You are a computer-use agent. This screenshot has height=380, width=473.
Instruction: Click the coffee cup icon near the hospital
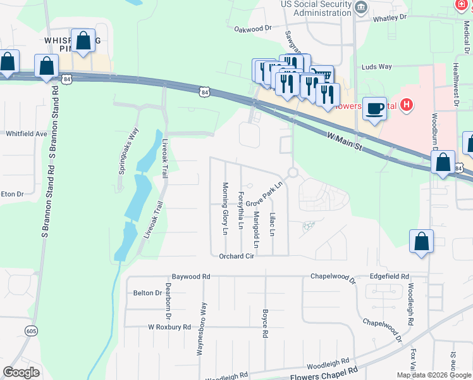click(x=375, y=108)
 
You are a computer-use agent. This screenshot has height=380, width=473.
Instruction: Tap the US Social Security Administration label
click(x=316, y=8)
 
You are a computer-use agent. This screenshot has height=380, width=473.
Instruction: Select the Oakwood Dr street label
click(x=252, y=28)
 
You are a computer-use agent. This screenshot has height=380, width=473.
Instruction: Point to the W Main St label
click(x=344, y=141)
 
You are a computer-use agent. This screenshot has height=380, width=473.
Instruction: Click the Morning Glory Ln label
click(x=224, y=208)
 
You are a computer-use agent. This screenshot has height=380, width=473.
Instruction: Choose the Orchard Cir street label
click(x=236, y=256)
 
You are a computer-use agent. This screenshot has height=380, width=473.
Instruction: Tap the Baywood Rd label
click(x=190, y=277)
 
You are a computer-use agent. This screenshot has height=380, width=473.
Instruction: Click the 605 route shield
click(x=32, y=331)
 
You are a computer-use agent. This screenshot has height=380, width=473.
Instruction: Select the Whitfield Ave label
click(x=27, y=134)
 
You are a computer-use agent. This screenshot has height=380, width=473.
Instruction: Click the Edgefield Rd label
click(x=389, y=277)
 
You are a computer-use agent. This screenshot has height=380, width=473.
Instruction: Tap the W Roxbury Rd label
click(x=169, y=327)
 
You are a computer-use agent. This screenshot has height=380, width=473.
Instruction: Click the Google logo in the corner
click(x=21, y=372)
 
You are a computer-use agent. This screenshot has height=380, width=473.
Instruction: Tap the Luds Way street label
click(x=377, y=66)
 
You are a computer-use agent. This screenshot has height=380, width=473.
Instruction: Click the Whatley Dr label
click(x=389, y=18)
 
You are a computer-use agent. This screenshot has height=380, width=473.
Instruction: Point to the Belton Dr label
click(x=144, y=293)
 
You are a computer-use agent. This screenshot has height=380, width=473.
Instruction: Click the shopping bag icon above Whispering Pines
click(x=83, y=41)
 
